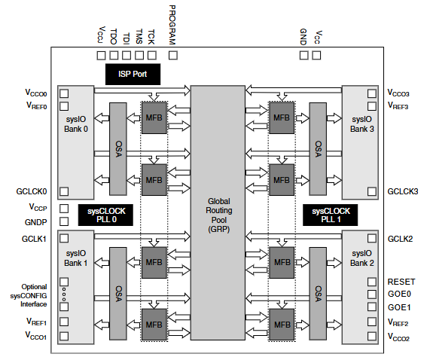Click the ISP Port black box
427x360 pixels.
(x=133, y=74)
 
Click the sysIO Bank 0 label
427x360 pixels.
(x=76, y=124)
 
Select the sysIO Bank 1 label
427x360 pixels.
(x=76, y=258)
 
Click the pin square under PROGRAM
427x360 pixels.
(x=172, y=55)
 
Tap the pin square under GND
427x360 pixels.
(x=303, y=55)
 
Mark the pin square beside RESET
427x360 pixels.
(x=372, y=281)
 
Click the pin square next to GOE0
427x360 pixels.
(x=372, y=294)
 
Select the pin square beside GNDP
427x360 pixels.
(x=64, y=222)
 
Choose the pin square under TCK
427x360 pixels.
(x=151, y=55)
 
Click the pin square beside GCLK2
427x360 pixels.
(x=372, y=239)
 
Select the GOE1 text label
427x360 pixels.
(x=399, y=308)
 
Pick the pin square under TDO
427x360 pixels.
(x=113, y=55)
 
